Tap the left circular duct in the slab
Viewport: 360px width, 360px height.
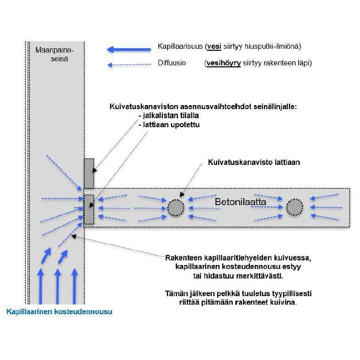tap(175, 207)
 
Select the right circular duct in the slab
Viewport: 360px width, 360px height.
tap(294, 207)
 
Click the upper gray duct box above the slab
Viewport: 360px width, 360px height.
tap(88, 173)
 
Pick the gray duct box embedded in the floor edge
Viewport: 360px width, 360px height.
tap(88, 209)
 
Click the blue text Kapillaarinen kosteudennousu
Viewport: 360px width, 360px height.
tap(59, 312)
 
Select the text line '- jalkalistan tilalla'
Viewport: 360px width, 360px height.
tap(168, 116)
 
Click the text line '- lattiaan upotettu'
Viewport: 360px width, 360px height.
tap(168, 124)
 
